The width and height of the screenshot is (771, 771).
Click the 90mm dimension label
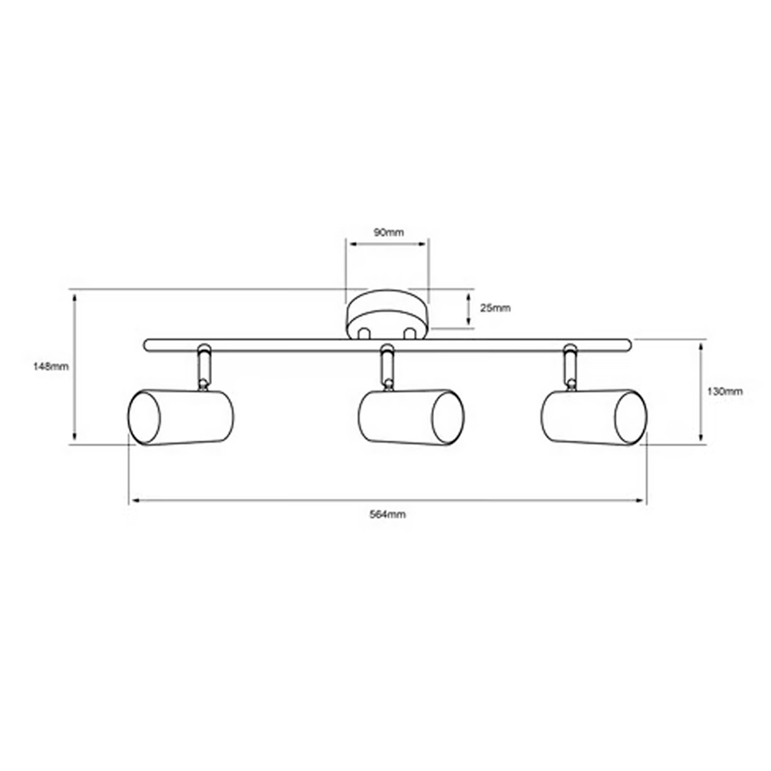pyautogui.click(x=389, y=232)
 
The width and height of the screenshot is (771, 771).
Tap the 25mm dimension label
pyautogui.click(x=495, y=308)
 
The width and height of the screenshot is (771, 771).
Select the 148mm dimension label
pyautogui.click(x=51, y=366)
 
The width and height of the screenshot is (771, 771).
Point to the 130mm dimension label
pyautogui.click(x=724, y=392)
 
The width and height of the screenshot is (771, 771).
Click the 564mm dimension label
pyautogui.click(x=388, y=514)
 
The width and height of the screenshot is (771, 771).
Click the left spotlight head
pyautogui.click(x=181, y=417)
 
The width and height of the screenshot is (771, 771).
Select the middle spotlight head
pyautogui.click(x=411, y=417)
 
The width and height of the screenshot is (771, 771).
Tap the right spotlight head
pyautogui.click(x=594, y=417)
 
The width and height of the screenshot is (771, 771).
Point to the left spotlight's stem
pyautogui.click(x=203, y=368)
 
